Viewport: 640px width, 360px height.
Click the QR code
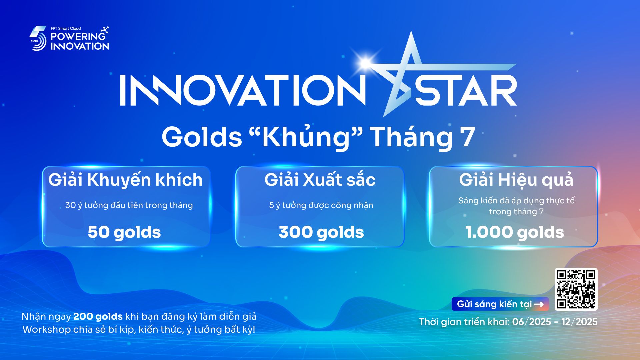(576, 289)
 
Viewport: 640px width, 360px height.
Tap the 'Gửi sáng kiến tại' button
(500, 304)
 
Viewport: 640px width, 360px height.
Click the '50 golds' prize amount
(124, 233)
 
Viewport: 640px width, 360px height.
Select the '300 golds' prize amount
(321, 233)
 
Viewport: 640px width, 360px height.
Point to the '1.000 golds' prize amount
(515, 233)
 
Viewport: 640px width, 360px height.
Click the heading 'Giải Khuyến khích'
(125, 180)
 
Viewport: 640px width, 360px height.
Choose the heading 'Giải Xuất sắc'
(320, 180)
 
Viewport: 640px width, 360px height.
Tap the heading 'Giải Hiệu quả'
(516, 180)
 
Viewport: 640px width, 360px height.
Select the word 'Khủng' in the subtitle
(306, 137)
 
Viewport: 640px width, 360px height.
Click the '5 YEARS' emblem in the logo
(38, 38)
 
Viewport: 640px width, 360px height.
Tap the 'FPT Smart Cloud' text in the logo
(66, 29)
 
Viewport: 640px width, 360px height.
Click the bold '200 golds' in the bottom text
(98, 317)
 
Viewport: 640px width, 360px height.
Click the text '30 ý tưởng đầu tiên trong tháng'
(129, 205)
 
